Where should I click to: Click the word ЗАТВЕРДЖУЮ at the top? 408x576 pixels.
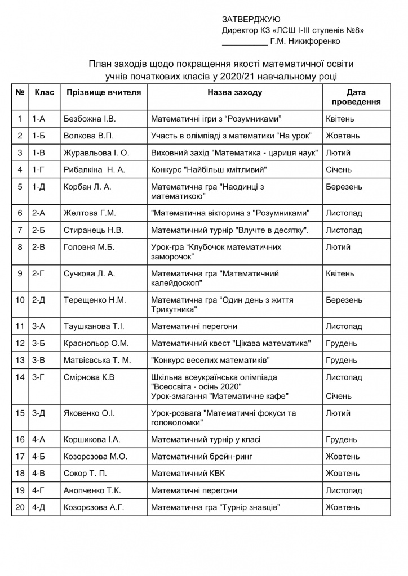point(247,20)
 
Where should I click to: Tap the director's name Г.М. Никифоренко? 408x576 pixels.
point(305,41)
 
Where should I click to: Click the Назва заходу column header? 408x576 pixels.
point(234,92)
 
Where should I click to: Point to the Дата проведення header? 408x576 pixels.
point(356,97)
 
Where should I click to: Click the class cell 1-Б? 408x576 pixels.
point(39,136)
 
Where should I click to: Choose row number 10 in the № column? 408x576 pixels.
point(20,300)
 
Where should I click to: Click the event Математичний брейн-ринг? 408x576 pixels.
point(198,456)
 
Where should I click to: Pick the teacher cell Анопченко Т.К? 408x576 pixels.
point(93,490)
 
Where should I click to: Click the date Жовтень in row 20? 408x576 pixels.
point(343,507)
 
